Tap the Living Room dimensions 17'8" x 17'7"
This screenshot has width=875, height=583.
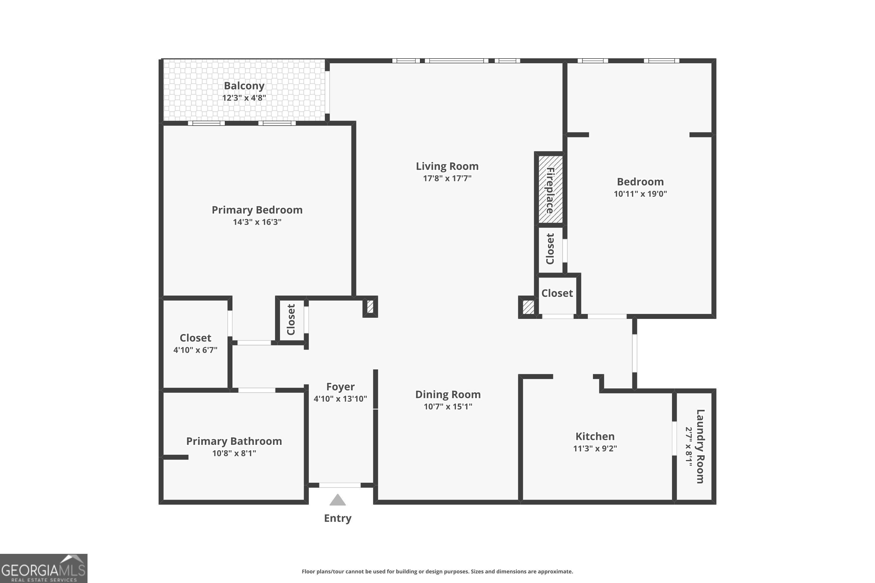(x=447, y=178)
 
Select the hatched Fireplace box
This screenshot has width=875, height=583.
(x=550, y=190)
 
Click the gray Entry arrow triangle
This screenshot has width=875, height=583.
(x=337, y=500)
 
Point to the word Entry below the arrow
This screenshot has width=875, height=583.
(x=337, y=518)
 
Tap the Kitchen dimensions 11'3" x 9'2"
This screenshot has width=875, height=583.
(x=595, y=448)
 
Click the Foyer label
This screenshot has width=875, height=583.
(x=340, y=387)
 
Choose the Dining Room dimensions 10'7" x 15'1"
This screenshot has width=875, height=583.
(x=448, y=406)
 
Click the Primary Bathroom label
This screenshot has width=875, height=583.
(x=234, y=441)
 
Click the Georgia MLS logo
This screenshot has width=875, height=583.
(x=43, y=568)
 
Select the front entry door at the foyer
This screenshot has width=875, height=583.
(x=340, y=485)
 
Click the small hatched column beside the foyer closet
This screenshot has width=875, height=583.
(x=370, y=307)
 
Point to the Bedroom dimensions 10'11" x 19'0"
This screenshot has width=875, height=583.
(x=640, y=194)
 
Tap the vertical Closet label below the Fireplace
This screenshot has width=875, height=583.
(x=550, y=249)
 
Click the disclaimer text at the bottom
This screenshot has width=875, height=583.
(x=437, y=571)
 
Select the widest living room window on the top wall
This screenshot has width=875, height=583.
(x=456, y=61)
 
